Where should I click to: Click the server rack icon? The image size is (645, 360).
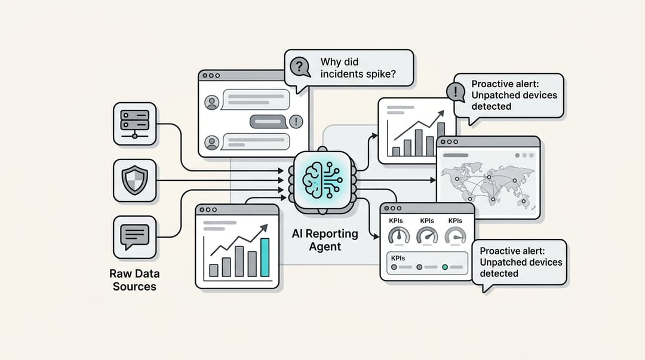click(x=134, y=124)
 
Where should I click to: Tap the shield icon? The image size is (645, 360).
click(x=134, y=180)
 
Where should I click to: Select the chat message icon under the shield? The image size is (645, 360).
click(x=134, y=236)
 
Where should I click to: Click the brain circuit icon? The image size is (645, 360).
click(x=322, y=178)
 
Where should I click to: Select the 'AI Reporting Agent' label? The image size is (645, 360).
click(x=325, y=239)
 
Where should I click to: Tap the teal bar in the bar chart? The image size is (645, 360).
click(x=265, y=257)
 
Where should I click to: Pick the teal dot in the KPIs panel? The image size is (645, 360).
click(x=445, y=266)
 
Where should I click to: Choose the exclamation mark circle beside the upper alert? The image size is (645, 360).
click(x=456, y=92)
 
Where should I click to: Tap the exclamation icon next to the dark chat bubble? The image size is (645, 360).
click(x=296, y=122)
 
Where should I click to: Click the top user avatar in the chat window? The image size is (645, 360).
click(x=211, y=102)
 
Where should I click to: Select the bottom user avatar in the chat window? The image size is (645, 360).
click(x=211, y=142)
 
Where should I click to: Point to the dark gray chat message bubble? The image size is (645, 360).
click(x=269, y=122)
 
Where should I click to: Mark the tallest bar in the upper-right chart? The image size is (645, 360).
click(x=441, y=139)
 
